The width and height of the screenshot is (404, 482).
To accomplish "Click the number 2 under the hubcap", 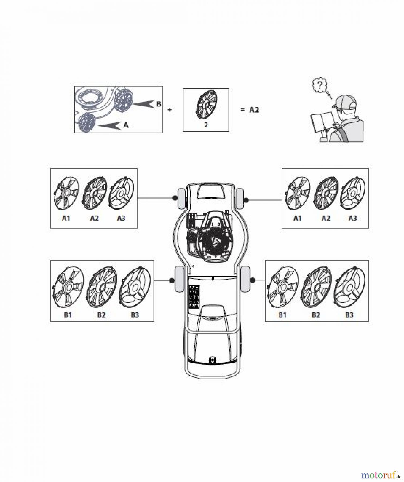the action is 206,125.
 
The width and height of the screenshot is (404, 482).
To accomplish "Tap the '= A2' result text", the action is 250,110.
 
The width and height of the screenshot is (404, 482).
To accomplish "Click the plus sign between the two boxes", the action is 169,110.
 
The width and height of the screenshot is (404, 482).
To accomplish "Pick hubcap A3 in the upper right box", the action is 353,193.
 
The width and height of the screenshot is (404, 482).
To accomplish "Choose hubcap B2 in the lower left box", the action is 102,287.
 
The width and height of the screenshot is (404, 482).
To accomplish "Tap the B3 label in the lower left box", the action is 135,315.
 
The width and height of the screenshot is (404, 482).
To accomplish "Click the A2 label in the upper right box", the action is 326,218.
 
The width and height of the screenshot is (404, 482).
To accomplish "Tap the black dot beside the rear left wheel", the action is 172,280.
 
